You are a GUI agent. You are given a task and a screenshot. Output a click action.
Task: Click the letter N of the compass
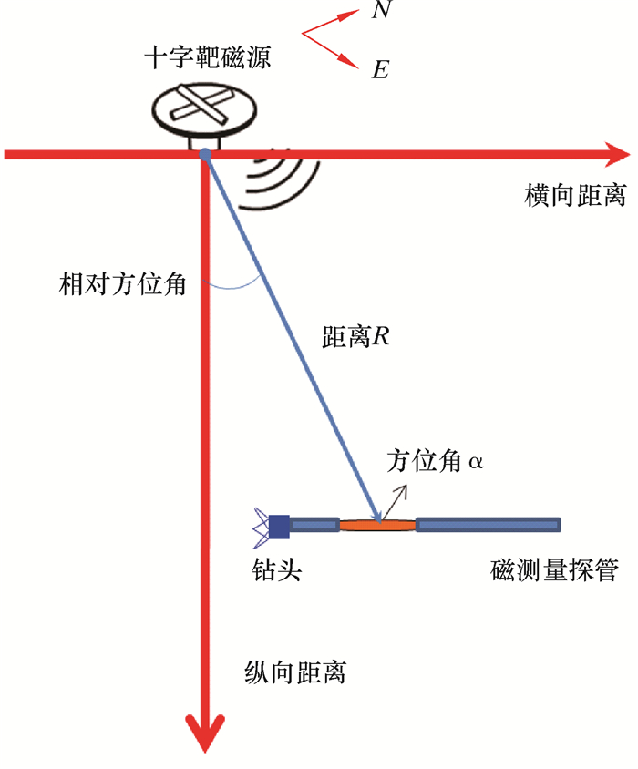click(383, 11)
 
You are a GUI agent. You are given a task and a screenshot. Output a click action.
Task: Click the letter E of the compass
click(380, 69)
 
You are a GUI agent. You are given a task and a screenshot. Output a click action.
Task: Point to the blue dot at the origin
click(205, 154)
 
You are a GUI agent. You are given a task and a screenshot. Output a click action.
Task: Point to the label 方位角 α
click(434, 460)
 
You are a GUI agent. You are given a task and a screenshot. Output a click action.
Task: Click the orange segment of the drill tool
click(378, 525)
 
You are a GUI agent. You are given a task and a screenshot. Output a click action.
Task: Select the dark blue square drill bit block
click(279, 525)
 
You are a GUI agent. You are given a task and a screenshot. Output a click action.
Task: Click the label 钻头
click(276, 571)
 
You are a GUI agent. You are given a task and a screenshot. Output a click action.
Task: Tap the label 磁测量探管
click(554, 571)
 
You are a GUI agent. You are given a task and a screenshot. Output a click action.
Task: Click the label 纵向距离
click(296, 673)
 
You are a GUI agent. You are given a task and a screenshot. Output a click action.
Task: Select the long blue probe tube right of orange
click(488, 524)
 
